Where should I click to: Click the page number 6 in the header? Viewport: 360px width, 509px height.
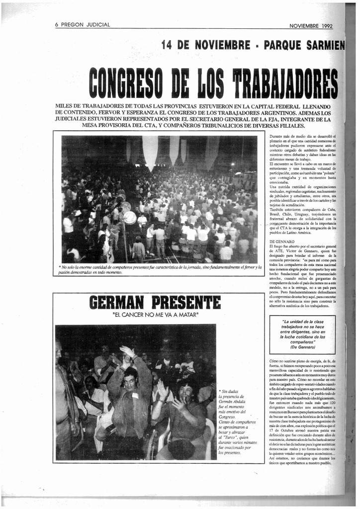[x=57, y=25]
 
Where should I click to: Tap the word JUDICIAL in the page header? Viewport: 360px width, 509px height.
[x=97, y=25]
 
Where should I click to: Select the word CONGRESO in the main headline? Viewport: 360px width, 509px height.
[x=126, y=83]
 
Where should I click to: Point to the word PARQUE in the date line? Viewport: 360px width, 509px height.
[x=287, y=45]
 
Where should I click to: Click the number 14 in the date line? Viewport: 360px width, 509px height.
[x=168, y=45]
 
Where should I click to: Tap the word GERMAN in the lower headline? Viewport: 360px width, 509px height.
[x=116, y=302]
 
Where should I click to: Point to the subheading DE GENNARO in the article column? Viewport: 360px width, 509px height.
[x=281, y=242]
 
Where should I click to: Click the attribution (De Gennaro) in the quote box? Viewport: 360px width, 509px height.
[x=302, y=347]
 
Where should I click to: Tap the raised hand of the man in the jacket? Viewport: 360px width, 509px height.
[x=127, y=352]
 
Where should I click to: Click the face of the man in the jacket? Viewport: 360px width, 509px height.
[x=130, y=382]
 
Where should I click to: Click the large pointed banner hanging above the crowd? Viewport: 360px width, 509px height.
[x=150, y=151]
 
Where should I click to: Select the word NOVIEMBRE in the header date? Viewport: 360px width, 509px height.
[x=303, y=26]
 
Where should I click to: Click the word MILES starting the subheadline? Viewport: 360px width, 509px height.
[x=64, y=106]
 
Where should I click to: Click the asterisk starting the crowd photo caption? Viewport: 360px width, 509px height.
[x=60, y=267]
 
